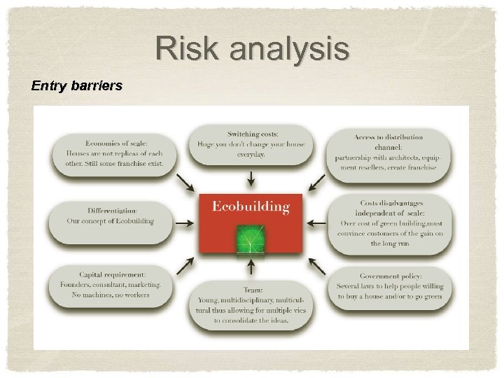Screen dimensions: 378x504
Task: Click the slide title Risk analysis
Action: click(252, 50)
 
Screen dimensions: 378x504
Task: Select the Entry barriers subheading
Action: click(77, 86)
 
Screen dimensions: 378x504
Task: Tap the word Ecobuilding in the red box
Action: click(250, 206)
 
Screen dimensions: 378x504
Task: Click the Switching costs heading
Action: click(253, 134)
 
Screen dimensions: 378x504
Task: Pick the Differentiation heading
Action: click(112, 210)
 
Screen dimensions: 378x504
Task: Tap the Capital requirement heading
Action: click(112, 275)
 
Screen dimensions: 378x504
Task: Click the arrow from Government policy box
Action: click(316, 266)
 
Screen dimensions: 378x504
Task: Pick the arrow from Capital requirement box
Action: click(187, 265)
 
